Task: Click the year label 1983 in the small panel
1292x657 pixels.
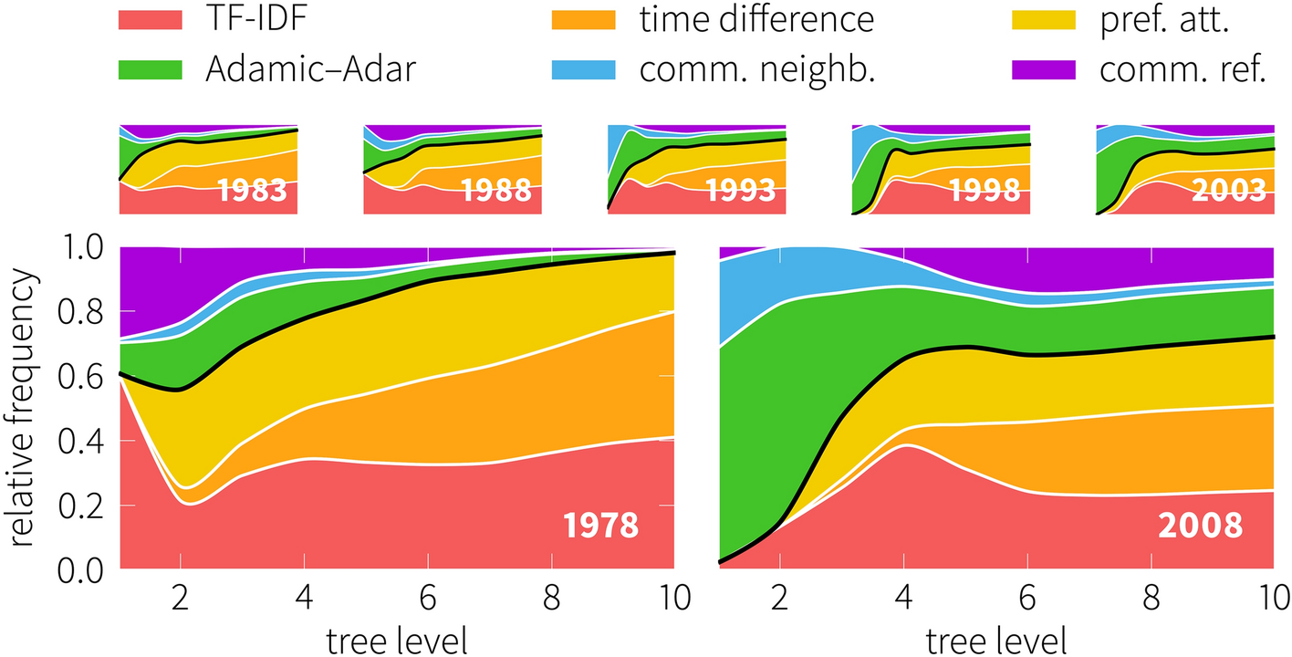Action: click(252, 191)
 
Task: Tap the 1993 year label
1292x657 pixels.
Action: click(740, 191)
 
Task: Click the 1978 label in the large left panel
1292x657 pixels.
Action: click(599, 527)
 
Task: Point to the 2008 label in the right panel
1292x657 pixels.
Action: click(1199, 527)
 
